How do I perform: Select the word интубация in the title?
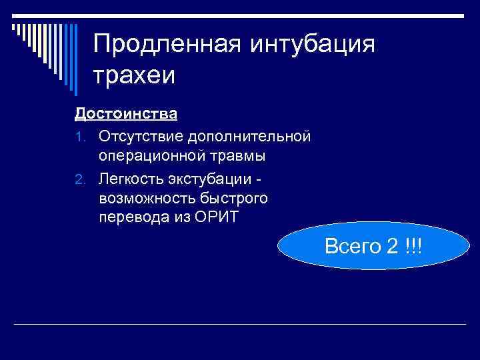[x=313, y=45]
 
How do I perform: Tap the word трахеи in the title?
[x=134, y=75]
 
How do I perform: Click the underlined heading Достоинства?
[x=125, y=113]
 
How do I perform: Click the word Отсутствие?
[x=141, y=136]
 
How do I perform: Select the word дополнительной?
[x=249, y=136]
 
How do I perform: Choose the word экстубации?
[x=211, y=179]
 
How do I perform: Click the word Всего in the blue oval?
[x=351, y=246]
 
